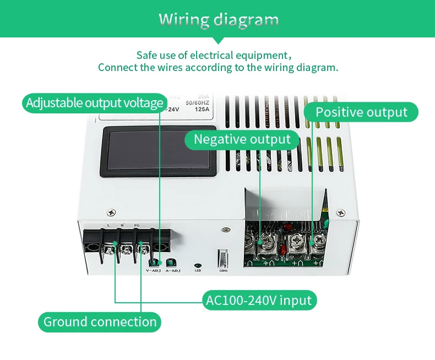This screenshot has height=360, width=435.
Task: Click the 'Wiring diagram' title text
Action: point(219,20)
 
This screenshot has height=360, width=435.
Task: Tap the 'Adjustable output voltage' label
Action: point(95,103)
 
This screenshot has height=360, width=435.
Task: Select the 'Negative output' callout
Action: point(242,139)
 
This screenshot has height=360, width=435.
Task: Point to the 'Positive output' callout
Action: point(361,112)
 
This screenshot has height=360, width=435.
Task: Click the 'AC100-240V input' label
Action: point(259,301)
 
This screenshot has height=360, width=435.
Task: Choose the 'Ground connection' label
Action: point(100,322)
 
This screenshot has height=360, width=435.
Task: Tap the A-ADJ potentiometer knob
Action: point(172,263)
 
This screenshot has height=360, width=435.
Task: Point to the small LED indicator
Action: point(198,265)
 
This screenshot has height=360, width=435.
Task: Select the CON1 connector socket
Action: point(223,259)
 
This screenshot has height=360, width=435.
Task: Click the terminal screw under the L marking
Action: point(110,249)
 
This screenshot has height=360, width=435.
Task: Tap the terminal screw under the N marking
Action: point(127,249)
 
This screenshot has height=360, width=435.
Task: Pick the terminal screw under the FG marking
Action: point(144,249)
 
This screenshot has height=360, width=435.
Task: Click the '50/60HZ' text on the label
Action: point(197,102)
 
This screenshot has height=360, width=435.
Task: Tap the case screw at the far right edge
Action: point(341,211)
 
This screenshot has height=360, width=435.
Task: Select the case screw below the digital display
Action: point(112,212)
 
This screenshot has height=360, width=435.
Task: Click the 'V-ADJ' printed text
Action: point(153,271)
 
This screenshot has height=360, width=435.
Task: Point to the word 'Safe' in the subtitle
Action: point(147,55)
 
